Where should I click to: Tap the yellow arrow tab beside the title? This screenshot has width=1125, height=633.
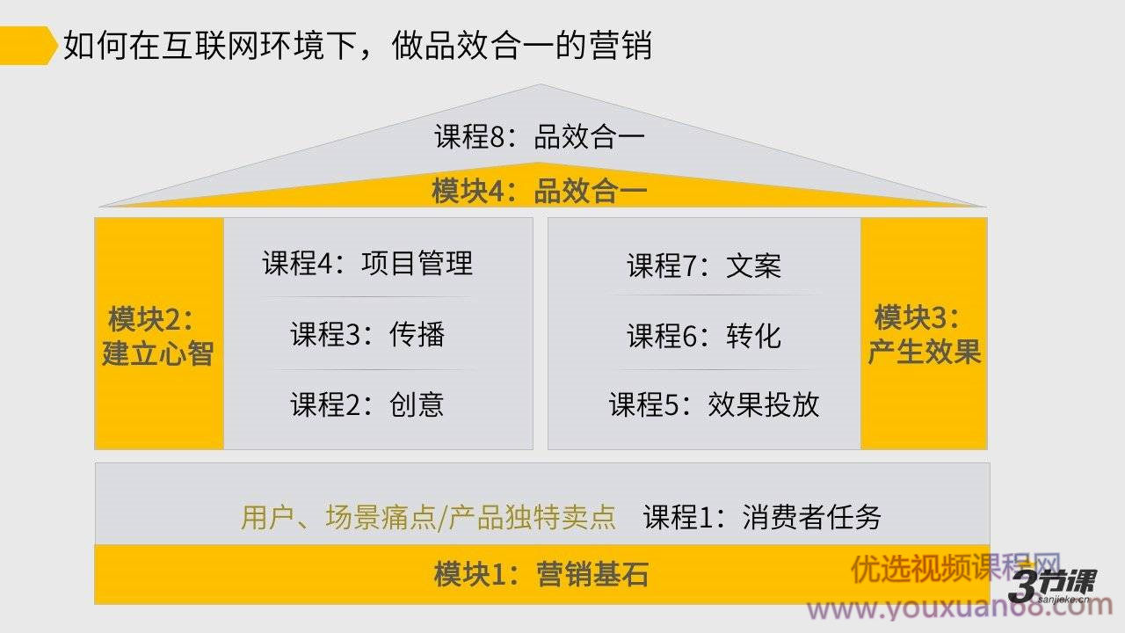click(x=28, y=46)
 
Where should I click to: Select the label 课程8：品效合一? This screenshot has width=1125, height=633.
click(x=540, y=136)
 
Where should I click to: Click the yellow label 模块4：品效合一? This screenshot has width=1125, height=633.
click(x=540, y=191)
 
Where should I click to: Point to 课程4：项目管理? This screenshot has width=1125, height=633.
click(x=367, y=263)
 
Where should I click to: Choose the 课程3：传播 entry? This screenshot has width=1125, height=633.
click(x=367, y=334)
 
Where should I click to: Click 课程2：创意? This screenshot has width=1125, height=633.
click(x=367, y=404)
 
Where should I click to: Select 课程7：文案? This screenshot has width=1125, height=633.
click(x=704, y=266)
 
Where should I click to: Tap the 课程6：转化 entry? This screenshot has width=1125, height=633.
click(x=704, y=336)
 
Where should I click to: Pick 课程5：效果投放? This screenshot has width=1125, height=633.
click(x=715, y=404)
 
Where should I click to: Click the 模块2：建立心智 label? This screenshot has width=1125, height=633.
click(x=157, y=336)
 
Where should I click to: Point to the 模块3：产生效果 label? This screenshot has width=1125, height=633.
click(x=924, y=334)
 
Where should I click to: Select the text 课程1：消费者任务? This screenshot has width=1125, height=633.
click(x=762, y=517)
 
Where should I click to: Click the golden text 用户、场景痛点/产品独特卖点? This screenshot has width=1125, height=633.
click(x=428, y=517)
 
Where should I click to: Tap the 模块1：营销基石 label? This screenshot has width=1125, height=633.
click(x=541, y=574)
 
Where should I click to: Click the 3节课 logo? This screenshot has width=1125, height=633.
click(x=1053, y=586)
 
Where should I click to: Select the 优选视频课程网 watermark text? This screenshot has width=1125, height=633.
click(x=955, y=568)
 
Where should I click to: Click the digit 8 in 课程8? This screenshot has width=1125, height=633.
click(x=497, y=136)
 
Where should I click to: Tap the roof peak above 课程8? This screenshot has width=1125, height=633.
click(x=541, y=84)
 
